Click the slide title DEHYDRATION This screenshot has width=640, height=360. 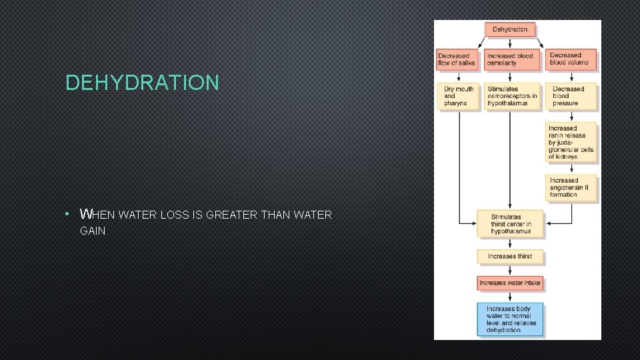pos(142,83)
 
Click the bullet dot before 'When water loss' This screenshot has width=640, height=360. pos(69,215)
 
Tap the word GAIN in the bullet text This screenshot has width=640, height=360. pos(93,231)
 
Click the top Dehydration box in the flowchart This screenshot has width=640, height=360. pos(510,29)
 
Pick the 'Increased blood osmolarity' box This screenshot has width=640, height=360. pos(510,59)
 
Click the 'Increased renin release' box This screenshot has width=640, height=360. pos(571,142)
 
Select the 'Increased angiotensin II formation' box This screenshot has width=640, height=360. pos(571,187)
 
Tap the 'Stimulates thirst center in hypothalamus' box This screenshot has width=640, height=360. pos(511,224)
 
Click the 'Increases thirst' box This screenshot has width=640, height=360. pos(511,257)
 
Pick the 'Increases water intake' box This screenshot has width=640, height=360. pos(510,283)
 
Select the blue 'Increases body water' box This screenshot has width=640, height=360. pos(511,319)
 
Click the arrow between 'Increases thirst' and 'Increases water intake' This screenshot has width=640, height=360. pos(510,269)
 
